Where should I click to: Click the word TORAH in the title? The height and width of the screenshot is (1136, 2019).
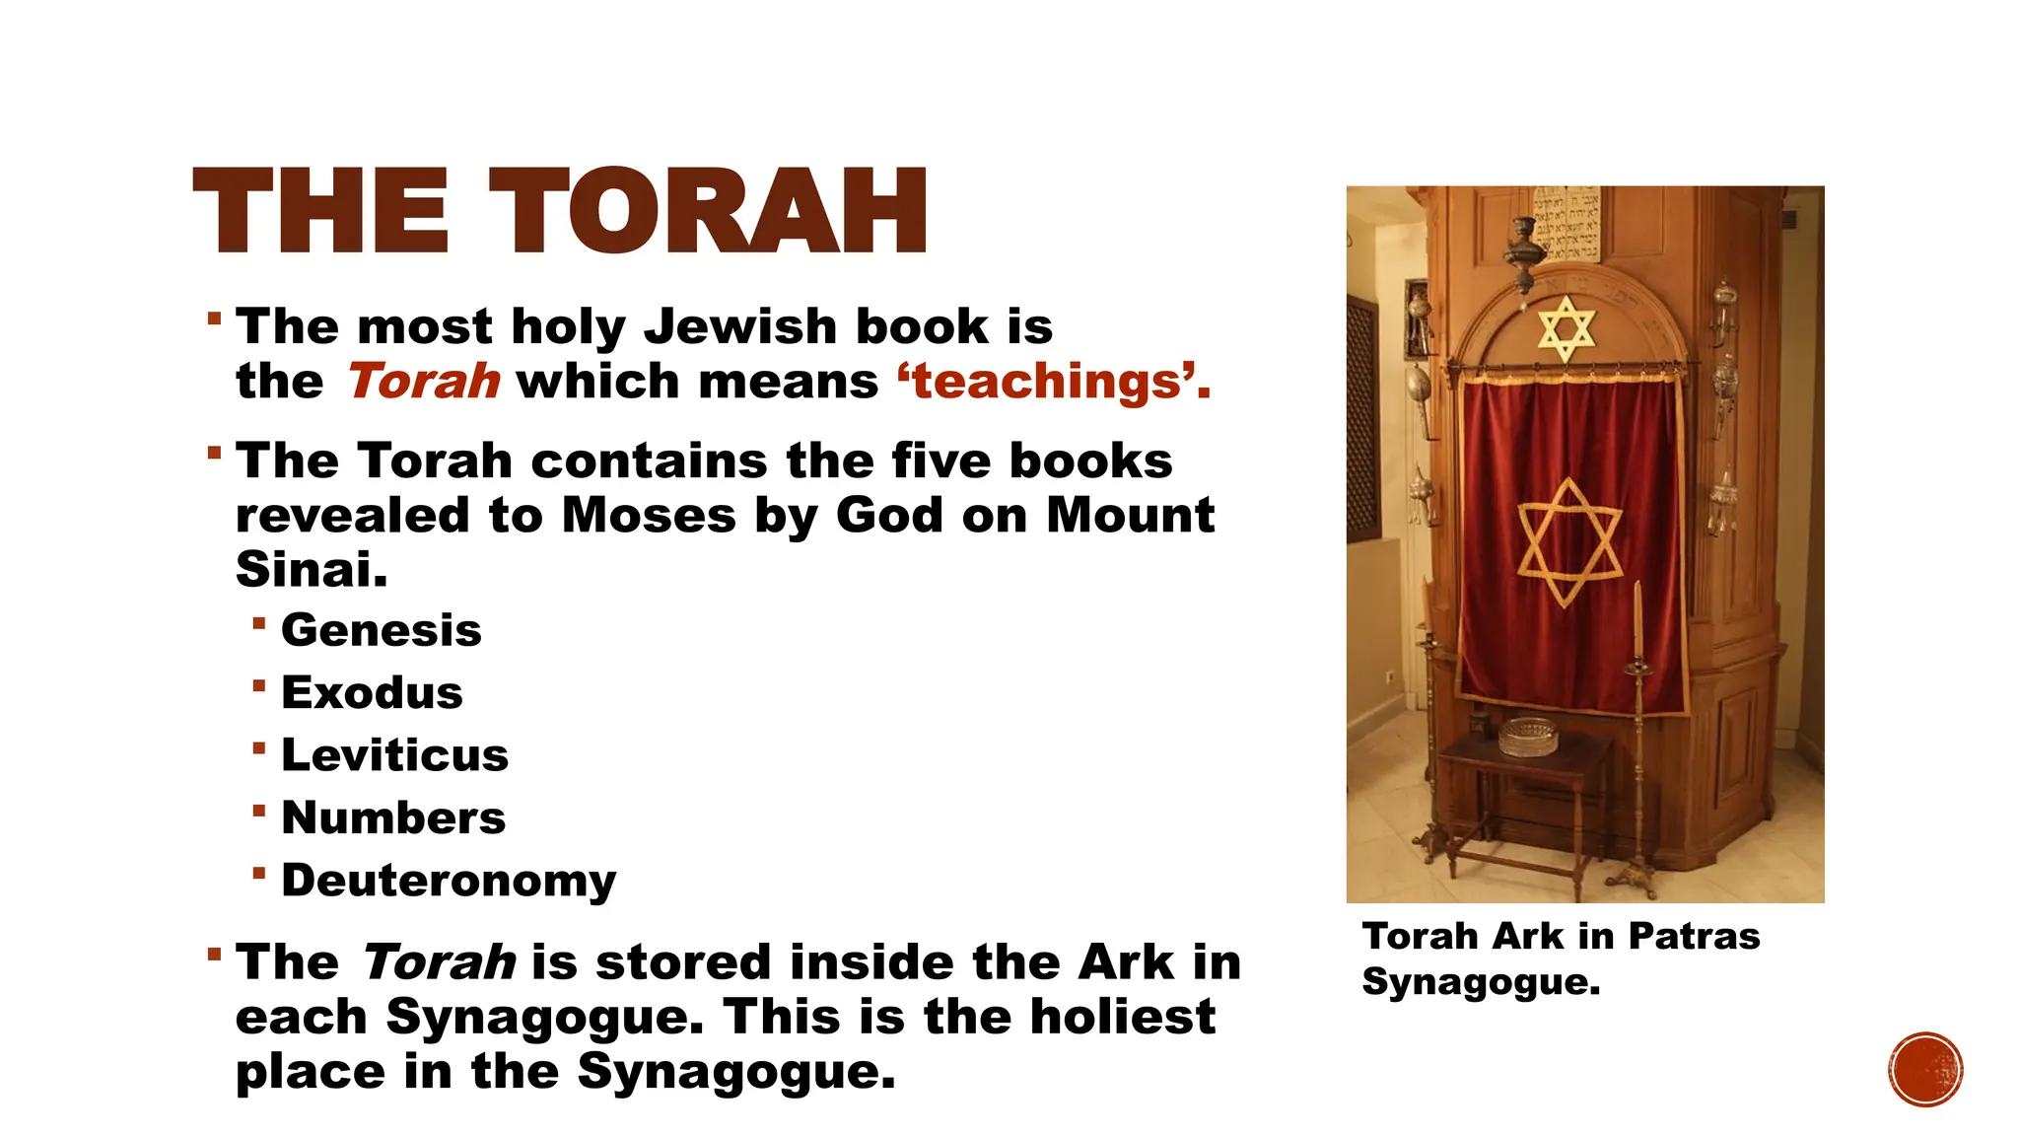tap(708, 211)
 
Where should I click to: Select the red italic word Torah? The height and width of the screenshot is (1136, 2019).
tap(424, 382)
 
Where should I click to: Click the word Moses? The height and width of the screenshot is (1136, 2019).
tap(649, 515)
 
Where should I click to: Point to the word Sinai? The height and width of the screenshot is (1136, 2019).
tap(312, 569)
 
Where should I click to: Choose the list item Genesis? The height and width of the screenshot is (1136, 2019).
tap(382, 630)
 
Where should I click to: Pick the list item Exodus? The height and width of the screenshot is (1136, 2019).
tap(372, 692)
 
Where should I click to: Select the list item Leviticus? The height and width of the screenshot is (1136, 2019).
tap(394, 755)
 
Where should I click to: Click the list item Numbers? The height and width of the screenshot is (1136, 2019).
tap(393, 817)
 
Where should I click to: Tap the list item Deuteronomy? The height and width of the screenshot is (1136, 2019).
tap(449, 880)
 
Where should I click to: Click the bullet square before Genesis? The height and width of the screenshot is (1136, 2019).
tap(258, 623)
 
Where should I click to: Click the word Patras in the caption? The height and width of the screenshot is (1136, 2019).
tap(1694, 936)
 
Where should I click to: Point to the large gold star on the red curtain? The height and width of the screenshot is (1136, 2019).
tap(1568, 541)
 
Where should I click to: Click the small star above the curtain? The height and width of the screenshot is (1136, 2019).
tap(1566, 329)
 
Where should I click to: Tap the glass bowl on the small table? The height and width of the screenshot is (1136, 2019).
tap(1528, 736)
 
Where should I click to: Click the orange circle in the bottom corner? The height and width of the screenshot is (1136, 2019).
tap(1925, 1070)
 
